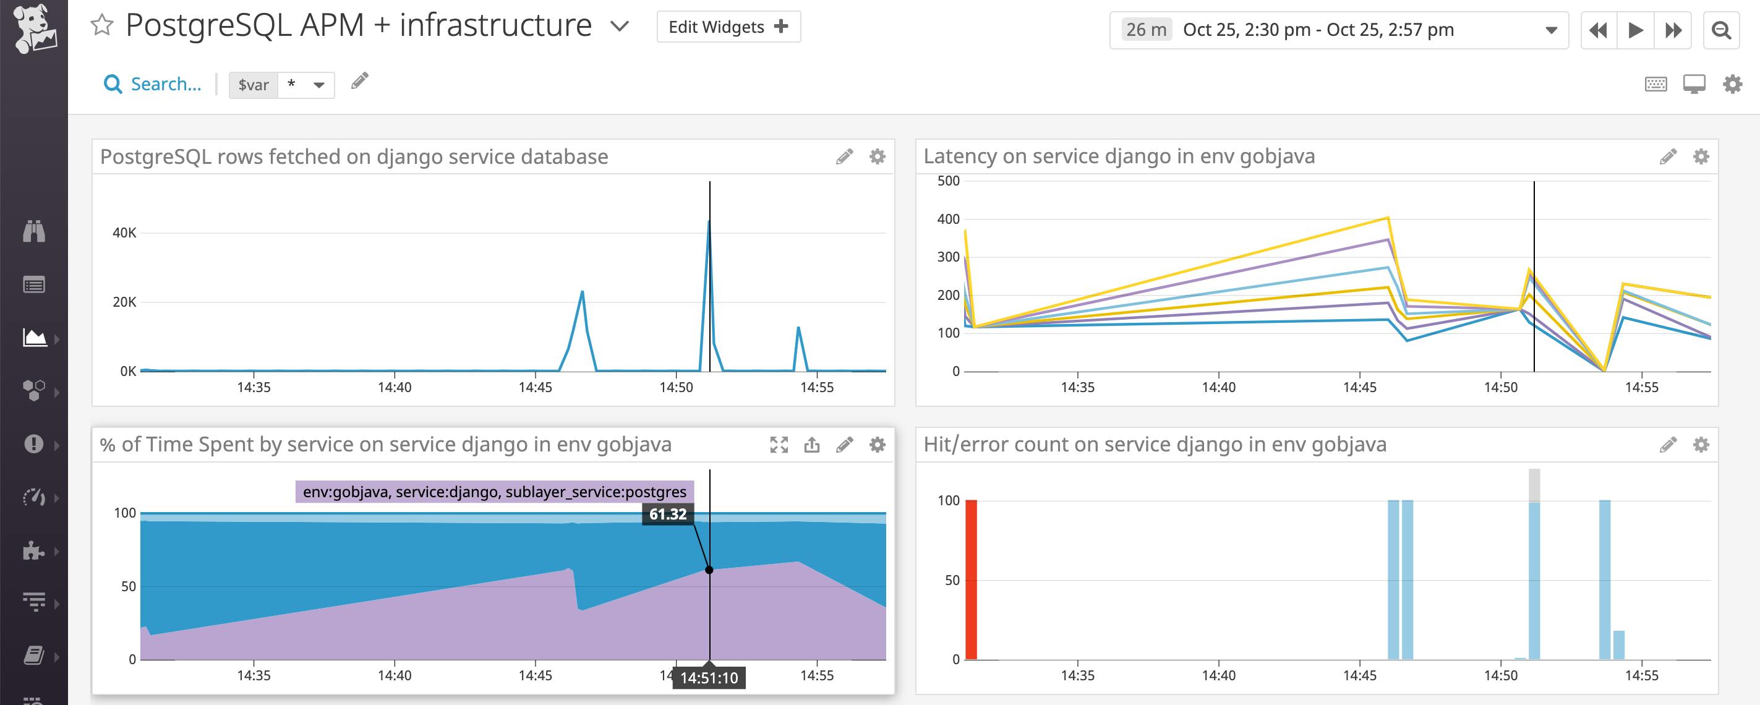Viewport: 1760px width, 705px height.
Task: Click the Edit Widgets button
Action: (728, 27)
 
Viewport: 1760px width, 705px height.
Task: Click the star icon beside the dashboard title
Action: (102, 26)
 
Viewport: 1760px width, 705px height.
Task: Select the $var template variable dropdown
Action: (281, 85)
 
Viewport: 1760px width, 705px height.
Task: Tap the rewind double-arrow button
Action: (1599, 30)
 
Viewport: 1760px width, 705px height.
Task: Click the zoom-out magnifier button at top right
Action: (1721, 30)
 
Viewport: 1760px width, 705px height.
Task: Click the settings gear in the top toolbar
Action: (1732, 85)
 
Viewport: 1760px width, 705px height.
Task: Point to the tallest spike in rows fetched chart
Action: (709, 223)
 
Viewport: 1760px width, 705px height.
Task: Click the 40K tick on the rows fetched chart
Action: (124, 233)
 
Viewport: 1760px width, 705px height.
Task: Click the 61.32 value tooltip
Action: (667, 515)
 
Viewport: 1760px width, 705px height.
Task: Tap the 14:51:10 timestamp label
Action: (709, 678)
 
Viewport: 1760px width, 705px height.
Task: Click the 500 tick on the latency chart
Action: (948, 181)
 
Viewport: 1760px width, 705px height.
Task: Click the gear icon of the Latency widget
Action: (1701, 156)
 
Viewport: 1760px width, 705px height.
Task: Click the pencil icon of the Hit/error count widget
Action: (1668, 445)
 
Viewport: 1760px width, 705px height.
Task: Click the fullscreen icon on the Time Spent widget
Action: (779, 445)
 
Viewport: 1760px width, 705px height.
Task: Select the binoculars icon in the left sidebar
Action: (34, 231)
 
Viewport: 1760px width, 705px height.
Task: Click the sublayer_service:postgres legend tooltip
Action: (495, 492)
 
